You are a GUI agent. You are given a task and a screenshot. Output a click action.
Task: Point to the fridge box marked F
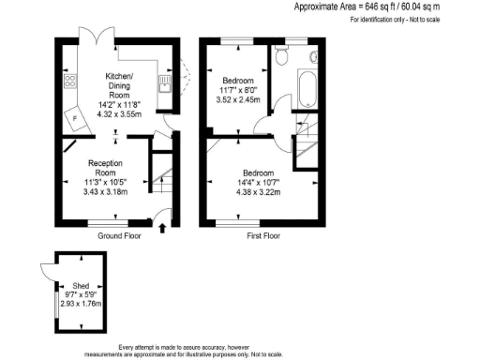pyautogui.click(x=74, y=120)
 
